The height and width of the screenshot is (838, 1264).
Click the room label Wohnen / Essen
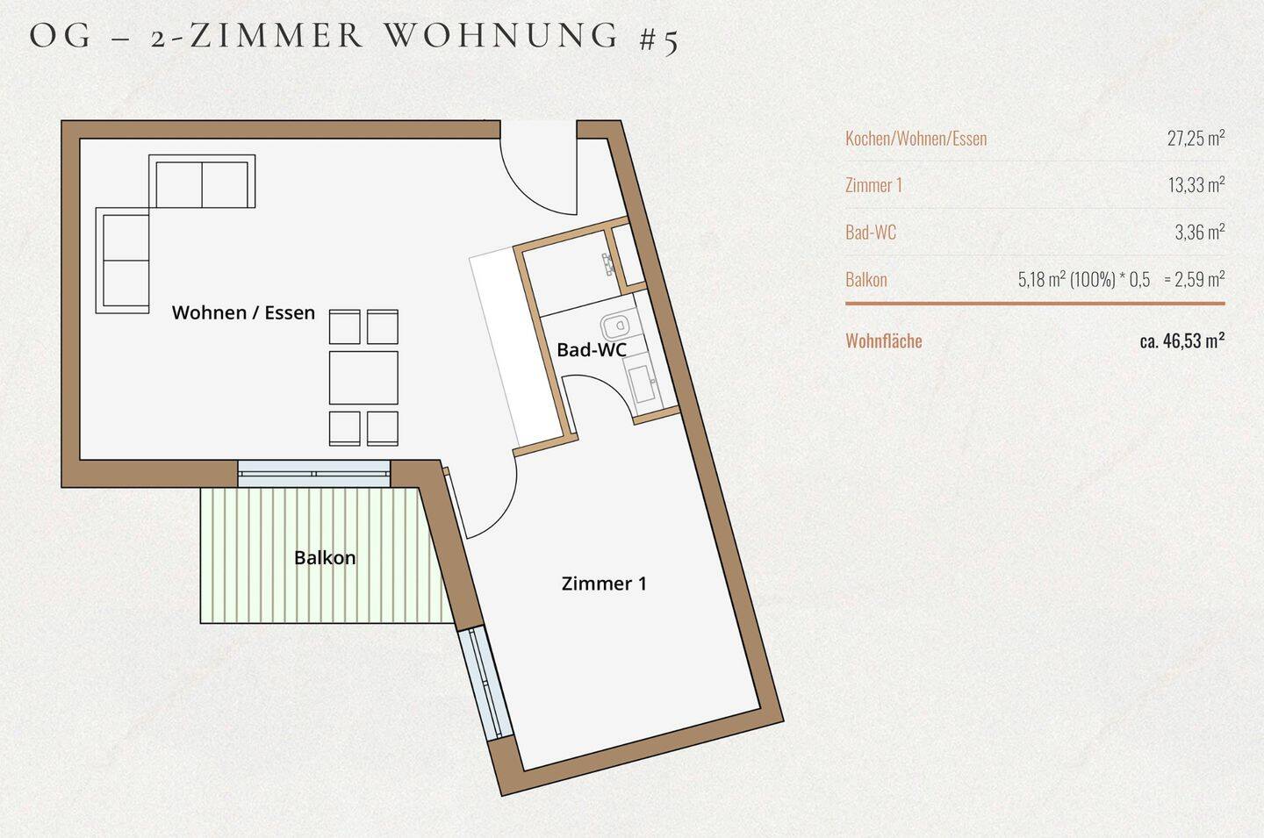click(243, 312)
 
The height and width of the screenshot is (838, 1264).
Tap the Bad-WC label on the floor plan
click(591, 350)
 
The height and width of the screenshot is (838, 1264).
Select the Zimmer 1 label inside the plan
click(604, 584)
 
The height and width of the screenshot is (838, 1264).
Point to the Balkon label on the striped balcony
click(325, 558)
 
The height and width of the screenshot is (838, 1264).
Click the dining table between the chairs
click(363, 377)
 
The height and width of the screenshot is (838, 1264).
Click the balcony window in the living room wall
click(313, 474)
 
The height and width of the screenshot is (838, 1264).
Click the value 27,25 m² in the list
click(1195, 138)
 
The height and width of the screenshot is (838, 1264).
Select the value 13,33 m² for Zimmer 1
click(1195, 185)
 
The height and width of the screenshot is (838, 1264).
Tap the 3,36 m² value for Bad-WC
click(1199, 233)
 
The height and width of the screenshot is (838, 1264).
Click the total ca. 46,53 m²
click(1181, 340)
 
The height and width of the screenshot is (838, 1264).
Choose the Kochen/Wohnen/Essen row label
click(916, 139)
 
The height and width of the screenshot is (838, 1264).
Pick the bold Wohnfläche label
click(883, 341)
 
